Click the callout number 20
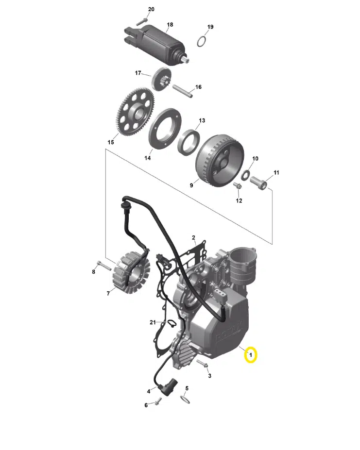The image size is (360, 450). pyautogui.click(x=151, y=9)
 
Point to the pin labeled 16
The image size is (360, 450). pyautogui.click(x=181, y=91)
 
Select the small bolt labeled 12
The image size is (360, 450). pyautogui.click(x=238, y=186)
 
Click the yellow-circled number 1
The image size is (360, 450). pyautogui.click(x=250, y=356)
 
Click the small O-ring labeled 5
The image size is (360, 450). pyautogui.click(x=185, y=399)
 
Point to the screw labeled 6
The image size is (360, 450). pyautogui.click(x=158, y=402)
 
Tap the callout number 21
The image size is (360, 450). pyautogui.click(x=153, y=323)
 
